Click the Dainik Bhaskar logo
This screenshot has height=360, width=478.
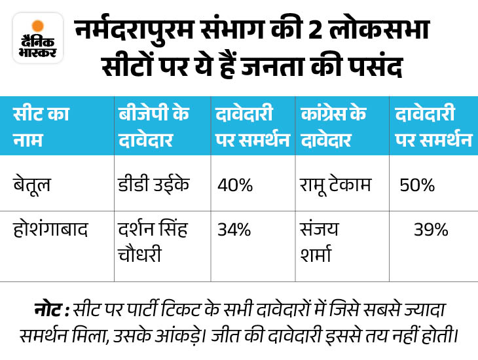point(38,41)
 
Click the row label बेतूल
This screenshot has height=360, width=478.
point(32,185)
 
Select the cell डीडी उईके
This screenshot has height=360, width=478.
point(152,185)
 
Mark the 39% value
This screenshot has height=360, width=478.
point(431,230)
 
